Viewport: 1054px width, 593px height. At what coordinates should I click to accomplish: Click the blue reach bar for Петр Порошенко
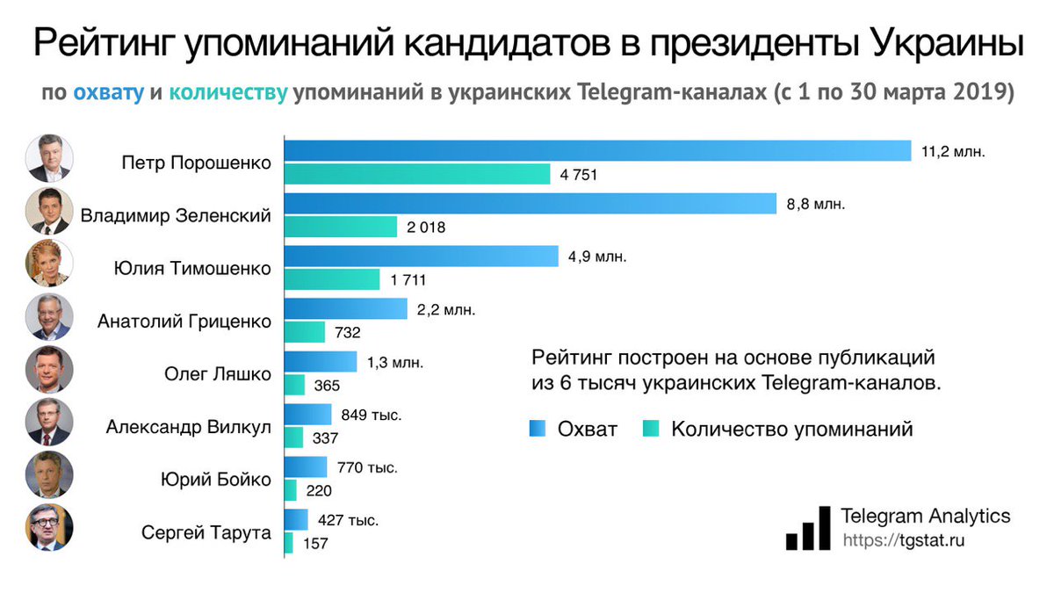tap(597, 151)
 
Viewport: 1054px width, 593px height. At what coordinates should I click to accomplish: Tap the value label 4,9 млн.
tap(597, 257)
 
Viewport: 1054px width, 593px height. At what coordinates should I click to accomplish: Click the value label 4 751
tap(579, 175)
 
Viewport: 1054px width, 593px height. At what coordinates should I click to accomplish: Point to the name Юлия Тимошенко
tap(194, 268)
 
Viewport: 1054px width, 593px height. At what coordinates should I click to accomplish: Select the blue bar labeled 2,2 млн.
tap(346, 309)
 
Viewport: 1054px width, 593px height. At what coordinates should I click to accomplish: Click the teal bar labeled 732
tap(306, 332)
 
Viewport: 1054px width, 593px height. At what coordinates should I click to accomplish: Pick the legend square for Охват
tap(538, 429)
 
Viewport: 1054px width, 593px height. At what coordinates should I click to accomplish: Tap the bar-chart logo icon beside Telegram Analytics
tap(807, 528)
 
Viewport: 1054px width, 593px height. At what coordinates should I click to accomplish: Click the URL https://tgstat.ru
tap(903, 540)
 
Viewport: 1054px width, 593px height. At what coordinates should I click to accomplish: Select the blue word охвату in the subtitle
tap(108, 93)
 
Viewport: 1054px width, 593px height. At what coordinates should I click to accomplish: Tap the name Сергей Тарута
tap(206, 532)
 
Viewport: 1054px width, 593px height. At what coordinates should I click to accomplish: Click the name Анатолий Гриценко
tap(184, 321)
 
